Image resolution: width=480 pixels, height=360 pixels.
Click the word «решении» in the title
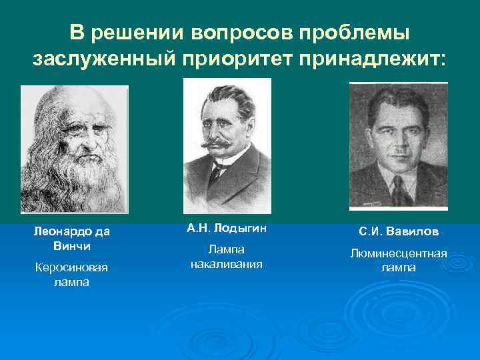coord(131,33)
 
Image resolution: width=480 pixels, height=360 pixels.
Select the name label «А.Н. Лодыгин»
coord(227,229)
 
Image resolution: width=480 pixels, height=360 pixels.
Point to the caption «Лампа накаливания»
coord(227,257)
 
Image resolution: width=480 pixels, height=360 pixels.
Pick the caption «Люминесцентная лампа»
coord(399,261)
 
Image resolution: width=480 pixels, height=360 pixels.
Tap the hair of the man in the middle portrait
coord(227,93)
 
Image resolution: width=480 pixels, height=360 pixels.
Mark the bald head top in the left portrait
coord(70,97)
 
